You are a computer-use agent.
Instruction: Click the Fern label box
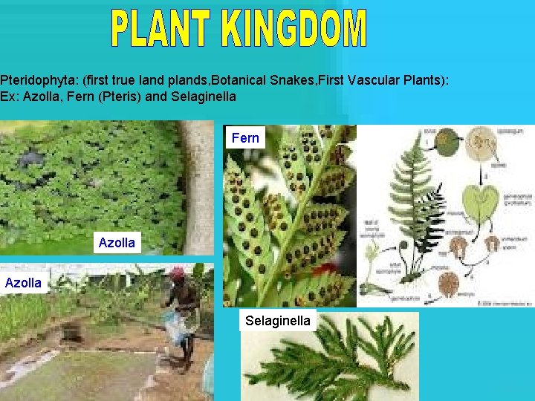pyautogui.click(x=245, y=137)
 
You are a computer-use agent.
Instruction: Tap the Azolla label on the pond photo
pyautogui.click(x=117, y=242)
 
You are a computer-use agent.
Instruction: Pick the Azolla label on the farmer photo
pyautogui.click(x=23, y=282)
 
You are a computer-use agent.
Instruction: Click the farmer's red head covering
pyautogui.click(x=176, y=273)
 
